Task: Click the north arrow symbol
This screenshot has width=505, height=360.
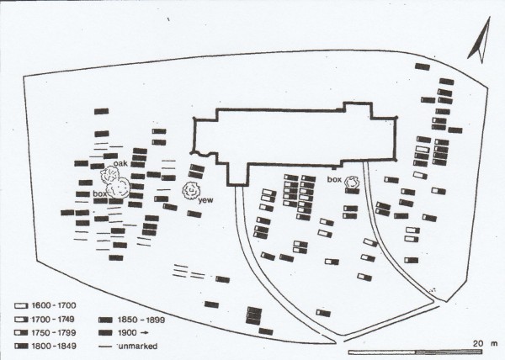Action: point(479,43)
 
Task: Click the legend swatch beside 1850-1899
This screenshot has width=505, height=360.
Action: point(107,321)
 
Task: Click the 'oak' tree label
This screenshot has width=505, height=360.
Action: point(120,163)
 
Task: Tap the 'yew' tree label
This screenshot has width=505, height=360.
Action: point(205,201)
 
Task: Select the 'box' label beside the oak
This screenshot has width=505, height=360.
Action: point(101,194)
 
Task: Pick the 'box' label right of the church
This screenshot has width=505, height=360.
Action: point(333,179)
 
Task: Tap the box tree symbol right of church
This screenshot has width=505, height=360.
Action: point(352,181)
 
